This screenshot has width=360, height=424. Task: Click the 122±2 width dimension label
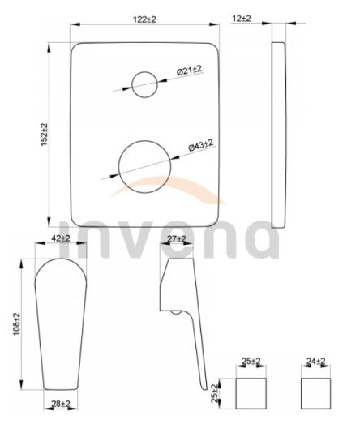144,19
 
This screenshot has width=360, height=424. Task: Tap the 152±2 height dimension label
44,135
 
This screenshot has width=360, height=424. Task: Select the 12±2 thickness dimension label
242,19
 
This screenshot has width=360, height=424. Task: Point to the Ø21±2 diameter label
190,71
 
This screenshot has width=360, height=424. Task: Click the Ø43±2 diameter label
201,144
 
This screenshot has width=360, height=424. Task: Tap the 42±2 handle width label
61,238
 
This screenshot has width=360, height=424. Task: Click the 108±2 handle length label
17,324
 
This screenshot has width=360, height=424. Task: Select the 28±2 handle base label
61,404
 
